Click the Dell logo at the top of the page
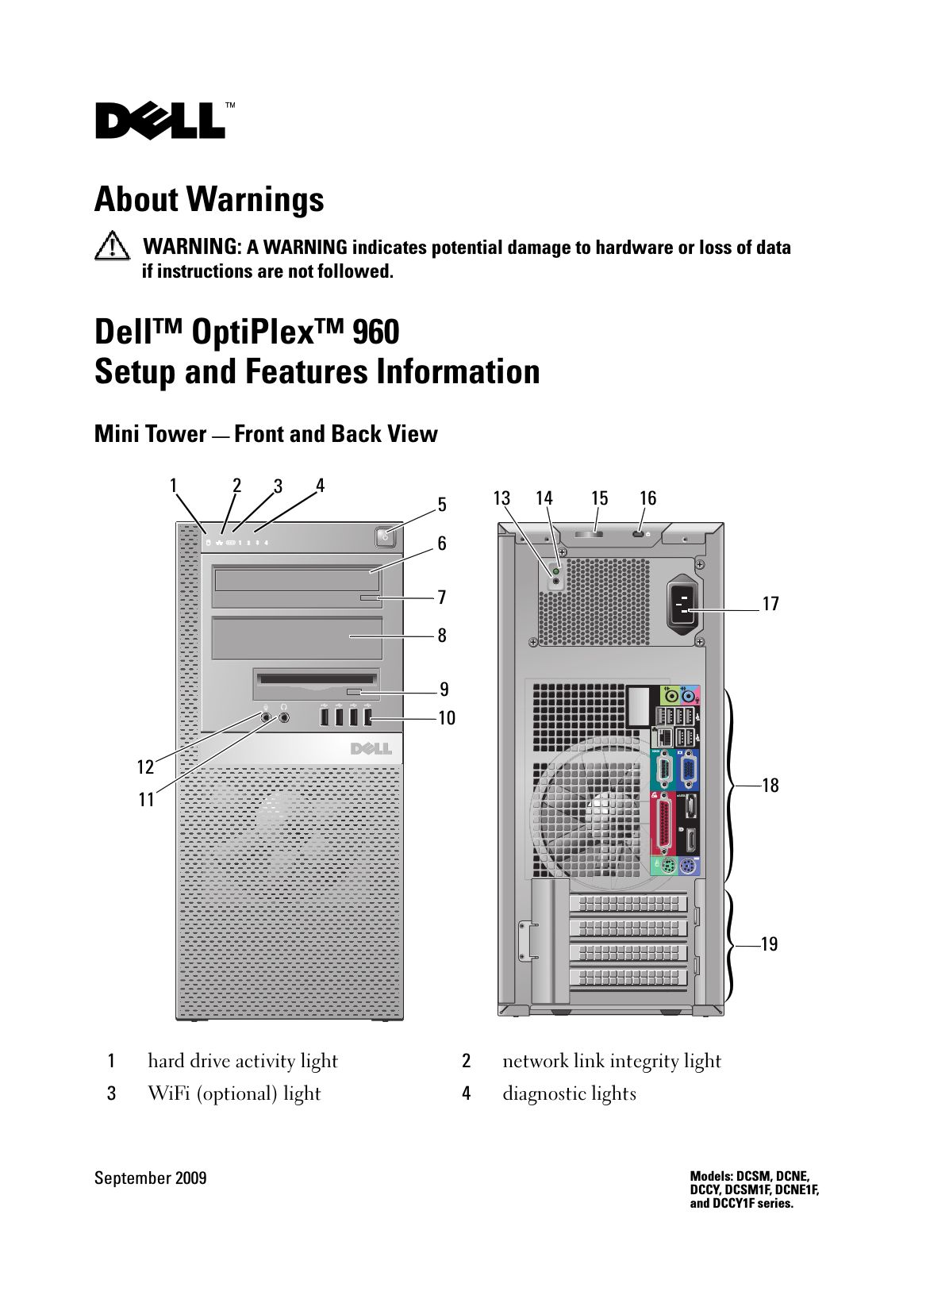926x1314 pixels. pyautogui.click(x=160, y=121)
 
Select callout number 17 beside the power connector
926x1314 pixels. pyautogui.click(x=770, y=605)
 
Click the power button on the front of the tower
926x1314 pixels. pyautogui.click(x=384, y=536)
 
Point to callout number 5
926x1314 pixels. pyautogui.click(x=442, y=505)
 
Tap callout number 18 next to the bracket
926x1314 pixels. pyautogui.click(x=770, y=786)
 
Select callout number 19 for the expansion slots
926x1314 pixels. pyautogui.click(x=769, y=944)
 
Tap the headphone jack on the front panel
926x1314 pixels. pyautogui.click(x=285, y=718)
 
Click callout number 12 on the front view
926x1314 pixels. pyautogui.click(x=144, y=767)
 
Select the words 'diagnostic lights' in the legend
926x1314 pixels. pyautogui.click(x=569, y=1094)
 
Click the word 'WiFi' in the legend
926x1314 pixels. pyautogui.click(x=168, y=1094)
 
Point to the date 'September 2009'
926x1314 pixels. pyautogui.click(x=151, y=1178)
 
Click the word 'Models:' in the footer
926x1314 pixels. pyautogui.click(x=711, y=1177)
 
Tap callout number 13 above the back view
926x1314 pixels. pyautogui.click(x=501, y=498)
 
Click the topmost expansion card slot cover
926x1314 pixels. pyautogui.click(x=628, y=903)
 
